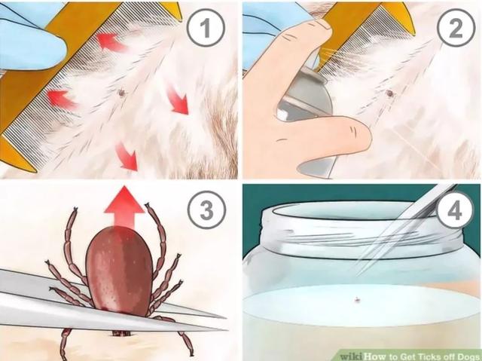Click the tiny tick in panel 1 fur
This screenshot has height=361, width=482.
coord(120,93)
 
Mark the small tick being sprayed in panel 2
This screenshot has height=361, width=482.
coord(389,93)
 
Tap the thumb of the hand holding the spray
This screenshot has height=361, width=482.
coord(331,135)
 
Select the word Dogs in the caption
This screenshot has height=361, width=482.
coord(465,355)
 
